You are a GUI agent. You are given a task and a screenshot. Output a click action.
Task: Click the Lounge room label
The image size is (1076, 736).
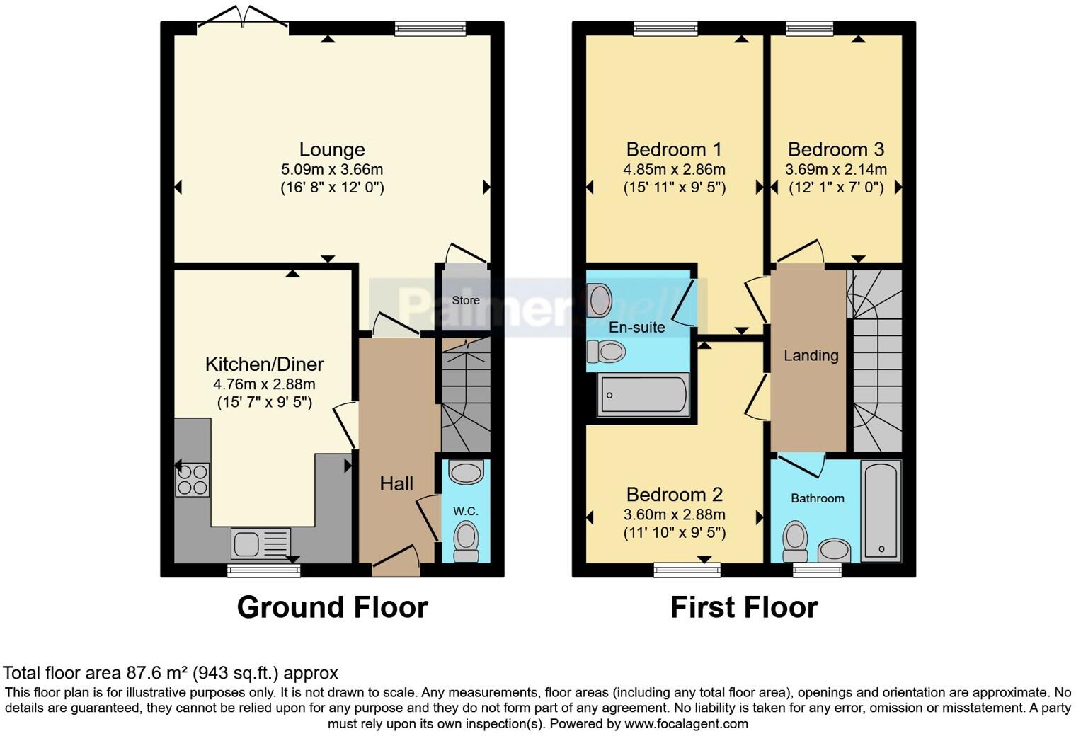click(332, 149)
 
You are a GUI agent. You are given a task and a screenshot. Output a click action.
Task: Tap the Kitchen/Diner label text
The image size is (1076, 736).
click(264, 364)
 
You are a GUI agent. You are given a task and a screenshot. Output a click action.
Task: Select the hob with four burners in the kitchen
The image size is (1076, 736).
click(192, 479)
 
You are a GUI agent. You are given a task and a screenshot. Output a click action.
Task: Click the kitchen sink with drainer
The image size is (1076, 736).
click(260, 544)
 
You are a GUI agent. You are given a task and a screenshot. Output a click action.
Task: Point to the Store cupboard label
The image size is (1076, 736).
click(465, 300)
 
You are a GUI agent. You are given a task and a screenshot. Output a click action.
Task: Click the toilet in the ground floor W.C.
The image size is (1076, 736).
click(465, 541)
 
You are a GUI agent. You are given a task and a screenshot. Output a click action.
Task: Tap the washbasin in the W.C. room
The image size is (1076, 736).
click(466, 472)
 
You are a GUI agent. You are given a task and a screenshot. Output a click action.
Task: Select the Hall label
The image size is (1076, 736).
click(396, 484)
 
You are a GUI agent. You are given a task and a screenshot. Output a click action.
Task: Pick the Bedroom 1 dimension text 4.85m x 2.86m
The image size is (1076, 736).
click(674, 170)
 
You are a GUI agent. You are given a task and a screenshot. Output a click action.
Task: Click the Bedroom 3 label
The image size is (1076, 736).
click(835, 149)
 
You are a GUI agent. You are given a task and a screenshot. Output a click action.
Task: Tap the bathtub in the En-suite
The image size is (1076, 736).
click(643, 395)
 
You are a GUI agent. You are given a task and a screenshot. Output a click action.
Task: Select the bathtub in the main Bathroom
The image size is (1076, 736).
click(881, 510)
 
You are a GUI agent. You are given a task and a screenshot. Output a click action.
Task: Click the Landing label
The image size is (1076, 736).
click(811, 355)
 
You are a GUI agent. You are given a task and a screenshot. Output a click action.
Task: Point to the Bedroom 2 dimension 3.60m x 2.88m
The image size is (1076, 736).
click(674, 515)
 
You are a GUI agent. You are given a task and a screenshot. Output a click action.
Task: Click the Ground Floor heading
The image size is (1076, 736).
click(332, 607)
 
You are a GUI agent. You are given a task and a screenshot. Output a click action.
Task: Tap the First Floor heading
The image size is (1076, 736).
click(744, 607)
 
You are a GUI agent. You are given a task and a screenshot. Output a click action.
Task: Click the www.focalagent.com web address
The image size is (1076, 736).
click(686, 724)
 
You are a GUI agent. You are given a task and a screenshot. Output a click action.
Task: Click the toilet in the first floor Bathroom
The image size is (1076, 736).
click(795, 541)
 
